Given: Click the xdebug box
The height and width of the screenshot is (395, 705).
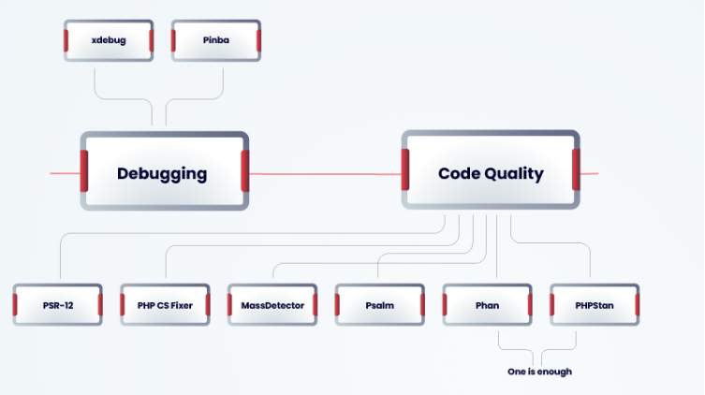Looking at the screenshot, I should [109, 41].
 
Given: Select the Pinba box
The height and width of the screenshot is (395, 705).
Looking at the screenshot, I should [215, 41].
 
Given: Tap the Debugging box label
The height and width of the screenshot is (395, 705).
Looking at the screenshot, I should [162, 173].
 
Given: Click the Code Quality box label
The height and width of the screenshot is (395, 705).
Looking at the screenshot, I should [491, 173].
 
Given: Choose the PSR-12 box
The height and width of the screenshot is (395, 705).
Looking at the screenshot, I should [58, 305].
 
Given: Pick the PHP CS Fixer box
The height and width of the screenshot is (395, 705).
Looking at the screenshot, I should [165, 305].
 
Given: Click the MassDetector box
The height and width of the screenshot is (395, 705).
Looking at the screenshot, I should [272, 305].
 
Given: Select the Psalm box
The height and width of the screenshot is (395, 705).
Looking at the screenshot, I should [380, 305].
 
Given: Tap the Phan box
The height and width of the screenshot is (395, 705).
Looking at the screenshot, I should [487, 305].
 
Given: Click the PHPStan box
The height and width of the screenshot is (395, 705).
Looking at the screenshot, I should [595, 305].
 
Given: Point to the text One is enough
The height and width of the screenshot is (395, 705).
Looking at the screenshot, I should [539, 372].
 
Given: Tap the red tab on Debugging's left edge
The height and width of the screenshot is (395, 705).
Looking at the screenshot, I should [84, 171].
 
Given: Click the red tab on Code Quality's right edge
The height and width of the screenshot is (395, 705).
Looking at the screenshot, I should [576, 169].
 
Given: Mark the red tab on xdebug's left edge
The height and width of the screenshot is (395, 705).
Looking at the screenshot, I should [66, 41].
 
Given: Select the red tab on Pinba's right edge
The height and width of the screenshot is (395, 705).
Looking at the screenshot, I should [257, 41].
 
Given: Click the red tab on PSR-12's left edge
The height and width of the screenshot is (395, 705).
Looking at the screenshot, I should [16, 305].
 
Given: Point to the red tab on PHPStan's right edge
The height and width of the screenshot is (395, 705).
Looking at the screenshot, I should [637, 305].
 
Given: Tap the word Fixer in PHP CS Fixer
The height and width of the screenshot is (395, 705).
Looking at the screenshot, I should [181, 305].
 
